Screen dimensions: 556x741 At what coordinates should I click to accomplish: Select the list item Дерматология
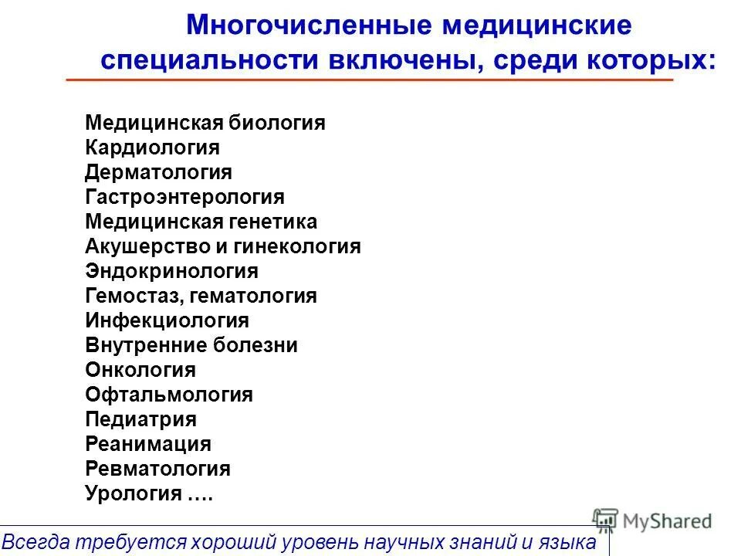[158, 172]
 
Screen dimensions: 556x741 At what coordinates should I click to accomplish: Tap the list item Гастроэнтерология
[184, 197]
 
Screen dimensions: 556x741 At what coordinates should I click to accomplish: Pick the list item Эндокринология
[171, 271]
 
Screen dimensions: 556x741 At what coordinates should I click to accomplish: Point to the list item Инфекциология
[167, 320]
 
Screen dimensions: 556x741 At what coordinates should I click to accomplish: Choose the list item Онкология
[140, 370]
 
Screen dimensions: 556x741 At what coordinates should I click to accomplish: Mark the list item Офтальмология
[169, 395]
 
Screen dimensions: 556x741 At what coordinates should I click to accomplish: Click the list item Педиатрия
[140, 419]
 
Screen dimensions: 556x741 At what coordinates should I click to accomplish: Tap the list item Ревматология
[157, 469]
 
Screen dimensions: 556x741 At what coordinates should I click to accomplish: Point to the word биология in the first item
[276, 123]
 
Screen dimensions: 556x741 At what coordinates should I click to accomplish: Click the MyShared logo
[652, 520]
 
